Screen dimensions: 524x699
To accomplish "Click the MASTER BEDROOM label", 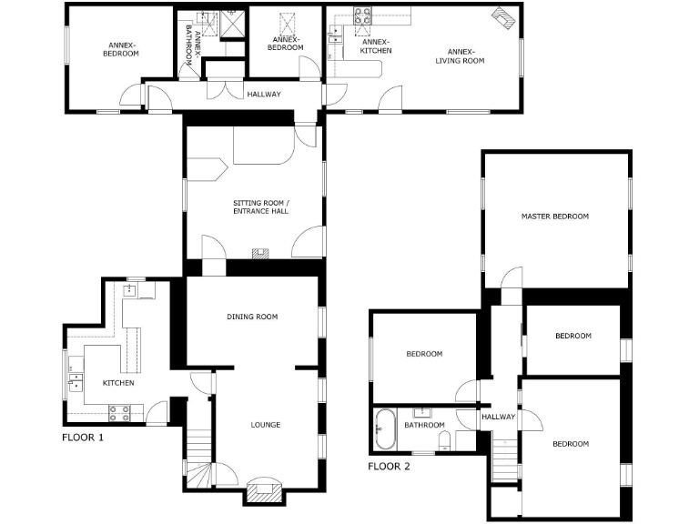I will [x=554, y=217].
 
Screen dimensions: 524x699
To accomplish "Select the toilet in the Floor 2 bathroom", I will [x=444, y=441].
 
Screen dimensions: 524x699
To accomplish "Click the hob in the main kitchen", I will [x=119, y=413].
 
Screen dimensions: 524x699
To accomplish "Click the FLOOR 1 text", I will [x=83, y=438].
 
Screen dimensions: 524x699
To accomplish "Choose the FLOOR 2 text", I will [x=389, y=467].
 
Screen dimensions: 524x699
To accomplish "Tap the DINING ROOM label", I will [x=252, y=317].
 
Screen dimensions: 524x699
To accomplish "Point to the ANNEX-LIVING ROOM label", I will [x=460, y=56].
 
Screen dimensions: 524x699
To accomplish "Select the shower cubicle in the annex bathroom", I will [x=234, y=23].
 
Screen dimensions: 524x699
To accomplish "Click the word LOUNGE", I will [x=266, y=425].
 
